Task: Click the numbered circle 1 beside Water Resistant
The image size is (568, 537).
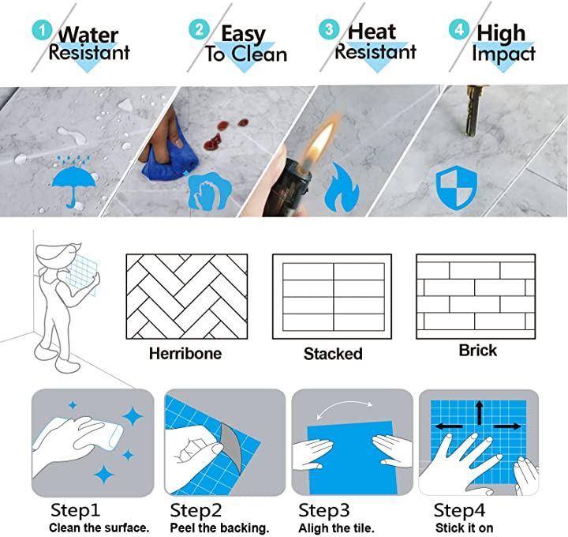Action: [x=42, y=30]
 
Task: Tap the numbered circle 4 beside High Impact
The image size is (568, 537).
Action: [x=459, y=29]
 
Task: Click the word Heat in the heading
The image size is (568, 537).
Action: [x=372, y=32]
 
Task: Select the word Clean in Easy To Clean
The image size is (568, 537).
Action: [x=259, y=54]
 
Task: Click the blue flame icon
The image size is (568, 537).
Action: [x=342, y=187]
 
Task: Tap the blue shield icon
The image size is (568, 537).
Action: [x=456, y=187]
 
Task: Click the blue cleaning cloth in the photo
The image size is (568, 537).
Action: [x=170, y=156]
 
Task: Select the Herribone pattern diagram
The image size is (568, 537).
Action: [x=186, y=297]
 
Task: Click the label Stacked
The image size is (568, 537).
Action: [x=333, y=354]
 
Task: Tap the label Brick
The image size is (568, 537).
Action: [x=478, y=351]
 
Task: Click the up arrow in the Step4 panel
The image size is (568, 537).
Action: [x=480, y=413]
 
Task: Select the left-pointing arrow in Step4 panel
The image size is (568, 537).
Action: [x=448, y=426]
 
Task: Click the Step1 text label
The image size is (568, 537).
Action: [x=75, y=510]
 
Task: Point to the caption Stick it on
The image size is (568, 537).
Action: [x=464, y=528]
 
